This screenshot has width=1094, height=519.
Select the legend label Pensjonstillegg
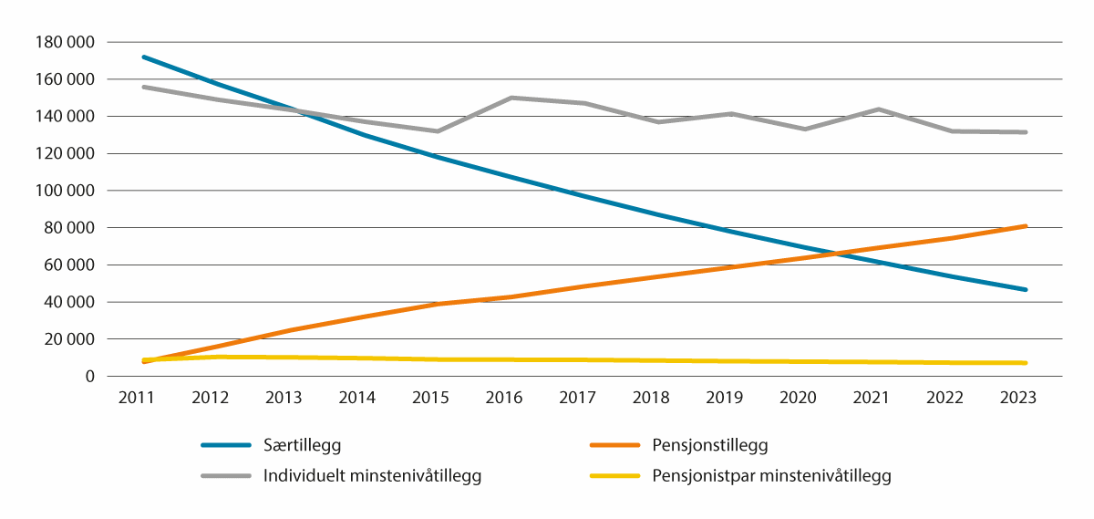point(710,446)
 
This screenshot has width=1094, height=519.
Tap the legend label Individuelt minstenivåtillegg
point(372,475)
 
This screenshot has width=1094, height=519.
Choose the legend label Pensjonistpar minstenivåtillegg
point(771,475)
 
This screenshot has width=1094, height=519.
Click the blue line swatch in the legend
point(225,446)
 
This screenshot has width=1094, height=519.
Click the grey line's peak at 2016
point(511,98)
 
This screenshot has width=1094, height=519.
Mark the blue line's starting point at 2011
point(144,57)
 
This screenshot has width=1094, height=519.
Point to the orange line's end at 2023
point(1026,225)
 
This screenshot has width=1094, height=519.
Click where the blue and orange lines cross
point(831,252)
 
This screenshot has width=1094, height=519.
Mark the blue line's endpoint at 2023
point(1026,289)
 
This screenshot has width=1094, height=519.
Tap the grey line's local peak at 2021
point(879,109)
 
